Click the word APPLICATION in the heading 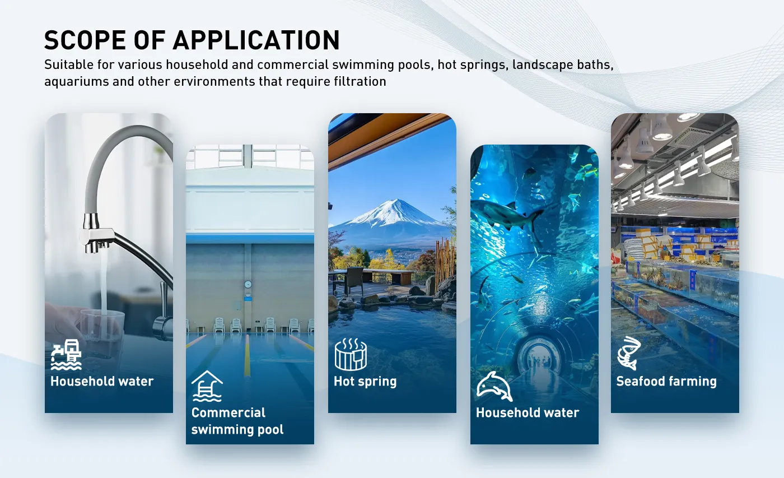[256, 40]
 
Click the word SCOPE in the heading [85, 40]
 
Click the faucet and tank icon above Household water [66, 354]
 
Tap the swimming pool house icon [207, 386]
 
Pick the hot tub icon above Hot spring [351, 354]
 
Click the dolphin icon [494, 386]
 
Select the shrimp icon [629, 353]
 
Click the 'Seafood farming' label [666, 382]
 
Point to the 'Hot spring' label [365, 382]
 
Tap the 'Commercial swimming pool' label [237, 421]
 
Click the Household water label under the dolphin [528, 413]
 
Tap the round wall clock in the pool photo [248, 284]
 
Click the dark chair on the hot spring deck [353, 280]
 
